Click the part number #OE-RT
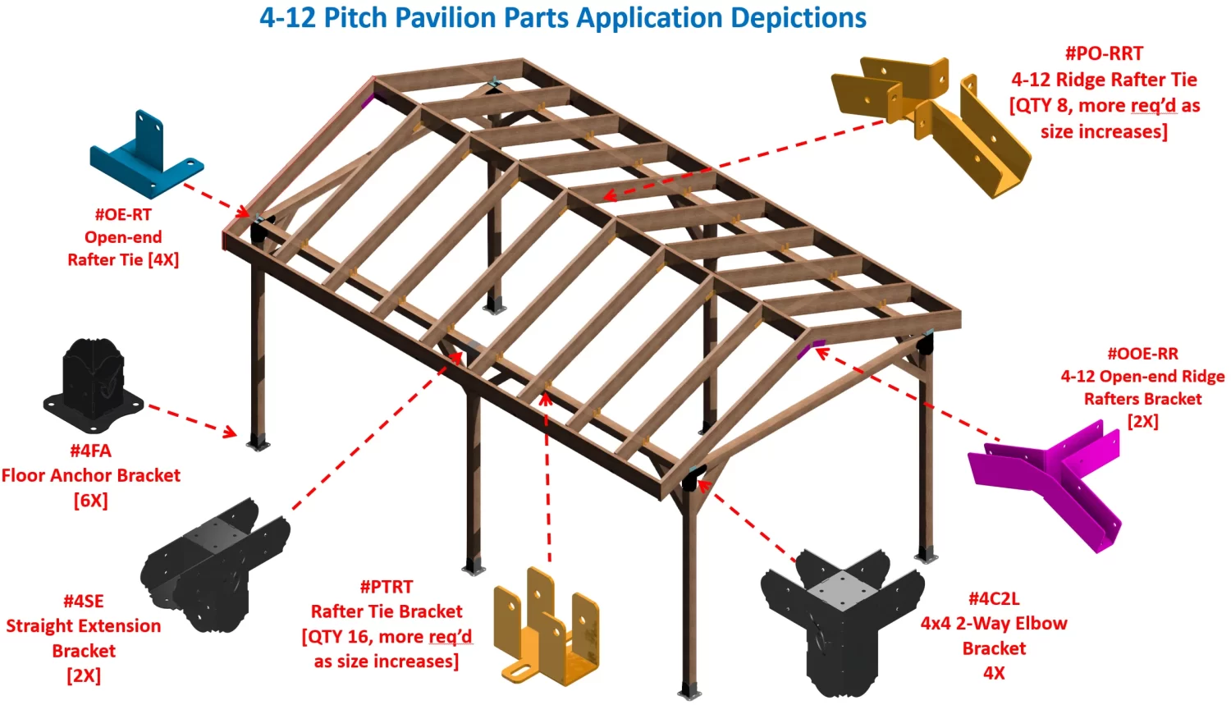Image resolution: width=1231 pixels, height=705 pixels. click(x=123, y=214)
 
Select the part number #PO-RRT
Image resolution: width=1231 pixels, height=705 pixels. click(x=1104, y=53)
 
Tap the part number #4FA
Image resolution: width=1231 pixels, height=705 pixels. click(x=90, y=451)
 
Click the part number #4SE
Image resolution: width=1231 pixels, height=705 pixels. click(x=84, y=602)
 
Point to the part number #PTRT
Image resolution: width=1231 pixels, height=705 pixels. click(x=387, y=587)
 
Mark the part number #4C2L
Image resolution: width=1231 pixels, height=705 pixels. click(x=994, y=598)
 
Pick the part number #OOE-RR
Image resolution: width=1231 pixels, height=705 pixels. click(x=1142, y=354)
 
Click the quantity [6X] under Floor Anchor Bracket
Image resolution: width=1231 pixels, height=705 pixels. click(x=90, y=500)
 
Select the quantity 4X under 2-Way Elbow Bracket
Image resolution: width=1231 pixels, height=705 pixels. click(x=994, y=673)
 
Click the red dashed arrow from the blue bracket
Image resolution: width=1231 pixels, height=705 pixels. click(x=215, y=198)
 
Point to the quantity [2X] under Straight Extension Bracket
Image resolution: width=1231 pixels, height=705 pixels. click(x=84, y=675)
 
